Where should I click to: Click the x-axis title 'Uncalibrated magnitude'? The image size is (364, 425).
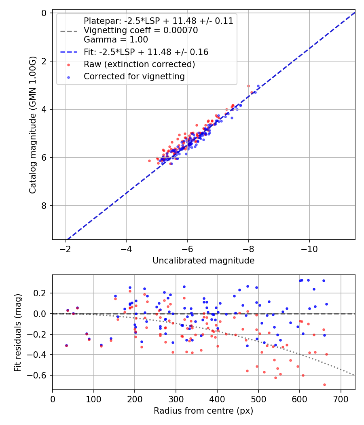pos(203,261)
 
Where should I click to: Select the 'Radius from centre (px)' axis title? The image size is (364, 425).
pos(203,410)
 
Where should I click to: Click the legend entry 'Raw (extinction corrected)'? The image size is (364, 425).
pos(140,64)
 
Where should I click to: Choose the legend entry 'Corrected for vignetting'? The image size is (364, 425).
pos(134,76)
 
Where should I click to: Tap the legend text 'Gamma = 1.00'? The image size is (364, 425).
pos(116,40)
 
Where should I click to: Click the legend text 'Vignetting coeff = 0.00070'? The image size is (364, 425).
pos(141,30)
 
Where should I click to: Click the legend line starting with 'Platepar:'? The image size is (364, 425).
pos(159,21)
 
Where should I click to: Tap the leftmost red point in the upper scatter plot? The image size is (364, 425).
pos(149,161)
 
